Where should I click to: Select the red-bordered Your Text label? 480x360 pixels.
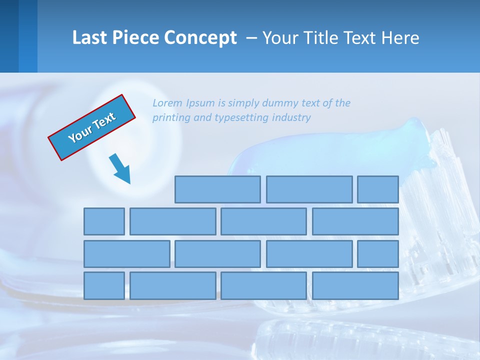point(92,127)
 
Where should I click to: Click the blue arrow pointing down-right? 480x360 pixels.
point(120,168)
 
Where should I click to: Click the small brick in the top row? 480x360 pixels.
point(378,189)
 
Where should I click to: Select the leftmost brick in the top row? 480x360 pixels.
point(217,189)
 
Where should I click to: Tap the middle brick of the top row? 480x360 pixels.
point(309,189)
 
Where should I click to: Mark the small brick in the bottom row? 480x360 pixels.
point(104,285)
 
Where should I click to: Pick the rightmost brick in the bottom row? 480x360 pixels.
point(355,285)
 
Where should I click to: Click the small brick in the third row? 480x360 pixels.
point(378,253)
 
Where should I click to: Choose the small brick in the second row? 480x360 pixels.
point(104,221)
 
